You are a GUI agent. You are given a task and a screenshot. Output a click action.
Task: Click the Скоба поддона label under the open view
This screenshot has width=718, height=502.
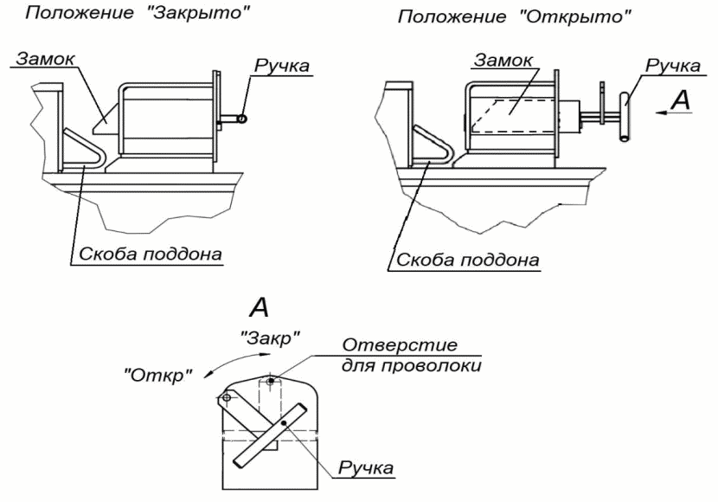click(x=468, y=259)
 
